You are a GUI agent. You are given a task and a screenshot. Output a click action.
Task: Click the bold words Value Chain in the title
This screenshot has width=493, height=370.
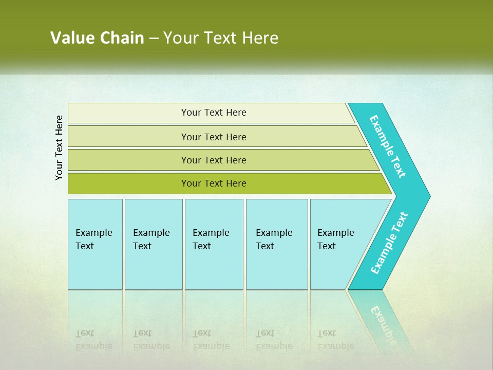pyautogui.click(x=97, y=38)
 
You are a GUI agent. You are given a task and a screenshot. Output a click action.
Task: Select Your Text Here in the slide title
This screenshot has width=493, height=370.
pyautogui.click(x=221, y=38)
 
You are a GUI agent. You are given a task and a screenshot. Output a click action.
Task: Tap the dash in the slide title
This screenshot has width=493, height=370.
pyautogui.click(x=154, y=39)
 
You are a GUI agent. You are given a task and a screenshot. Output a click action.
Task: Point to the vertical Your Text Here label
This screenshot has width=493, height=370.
pyautogui.click(x=60, y=147)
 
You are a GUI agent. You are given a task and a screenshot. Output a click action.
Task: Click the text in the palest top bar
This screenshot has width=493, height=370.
pyautogui.click(x=214, y=113)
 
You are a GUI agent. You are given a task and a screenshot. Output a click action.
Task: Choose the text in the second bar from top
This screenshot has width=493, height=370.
pyautogui.click(x=214, y=137)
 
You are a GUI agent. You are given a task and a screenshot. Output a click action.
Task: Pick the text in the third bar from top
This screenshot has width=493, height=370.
pyautogui.click(x=214, y=160)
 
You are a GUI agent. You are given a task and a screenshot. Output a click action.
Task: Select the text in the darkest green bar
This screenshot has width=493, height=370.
pyautogui.click(x=214, y=183)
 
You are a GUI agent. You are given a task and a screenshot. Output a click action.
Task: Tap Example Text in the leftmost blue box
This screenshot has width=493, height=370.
pyautogui.click(x=93, y=239)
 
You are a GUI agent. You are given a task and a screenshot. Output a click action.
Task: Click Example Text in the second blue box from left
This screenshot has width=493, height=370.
pyautogui.click(x=151, y=239)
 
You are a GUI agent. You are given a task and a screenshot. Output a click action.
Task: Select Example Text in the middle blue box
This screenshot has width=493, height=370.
pyautogui.click(x=211, y=239)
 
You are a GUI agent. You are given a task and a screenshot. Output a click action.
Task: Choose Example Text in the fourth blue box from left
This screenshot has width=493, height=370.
pyautogui.click(x=274, y=239)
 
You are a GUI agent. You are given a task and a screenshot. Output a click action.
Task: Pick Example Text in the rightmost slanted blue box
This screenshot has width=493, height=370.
pyautogui.click(x=335, y=239)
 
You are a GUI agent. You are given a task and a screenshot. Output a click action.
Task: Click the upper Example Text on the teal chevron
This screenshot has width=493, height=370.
pyautogui.click(x=388, y=146)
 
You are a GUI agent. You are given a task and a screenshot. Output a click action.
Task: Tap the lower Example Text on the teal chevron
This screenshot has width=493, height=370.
pyautogui.click(x=389, y=243)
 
